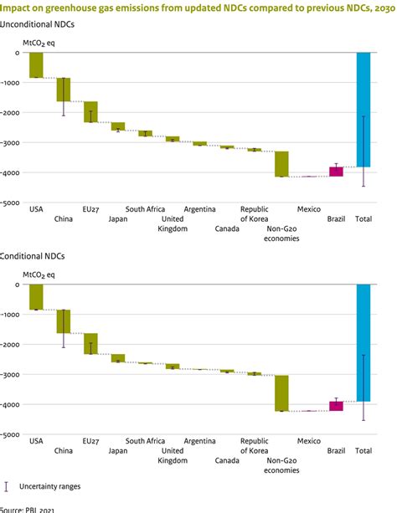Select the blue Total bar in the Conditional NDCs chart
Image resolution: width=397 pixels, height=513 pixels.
tap(363, 342)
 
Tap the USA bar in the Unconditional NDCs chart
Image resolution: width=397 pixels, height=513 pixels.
tap(36, 64)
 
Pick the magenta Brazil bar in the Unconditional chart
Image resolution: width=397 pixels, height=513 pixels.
tap(336, 172)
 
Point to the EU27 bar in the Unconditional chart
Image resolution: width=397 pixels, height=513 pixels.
tap(90, 111)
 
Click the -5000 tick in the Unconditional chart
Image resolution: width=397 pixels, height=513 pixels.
tap(11, 203)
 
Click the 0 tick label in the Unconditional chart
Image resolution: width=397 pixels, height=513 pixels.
tap(17, 53)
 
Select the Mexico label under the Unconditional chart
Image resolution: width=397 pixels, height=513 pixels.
tap(308, 208)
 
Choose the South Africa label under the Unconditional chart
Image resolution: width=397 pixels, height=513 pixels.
tap(145, 208)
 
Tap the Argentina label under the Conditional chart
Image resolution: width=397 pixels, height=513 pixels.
tap(199, 440)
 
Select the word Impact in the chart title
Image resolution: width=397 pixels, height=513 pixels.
tap(18, 8)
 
